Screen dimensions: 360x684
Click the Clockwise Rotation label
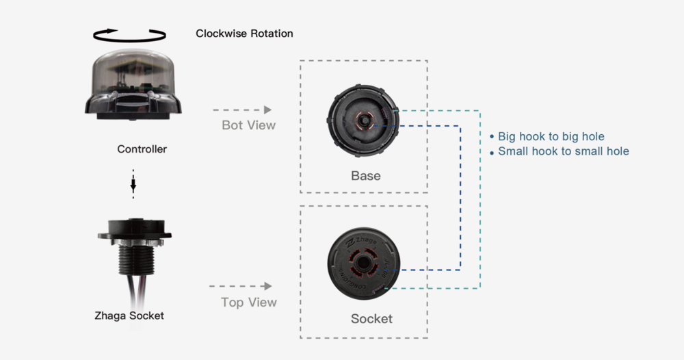point(244,34)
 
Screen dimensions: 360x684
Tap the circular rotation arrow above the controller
point(130,34)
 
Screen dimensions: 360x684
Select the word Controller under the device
point(142,149)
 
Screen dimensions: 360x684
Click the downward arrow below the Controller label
point(133,184)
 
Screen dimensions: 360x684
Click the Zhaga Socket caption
point(129,316)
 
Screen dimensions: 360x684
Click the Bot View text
point(248,125)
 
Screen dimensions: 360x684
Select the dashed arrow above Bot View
point(242,110)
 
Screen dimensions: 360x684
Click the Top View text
point(248,302)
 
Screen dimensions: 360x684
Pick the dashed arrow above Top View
point(241,286)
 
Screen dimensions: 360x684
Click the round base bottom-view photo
point(363,120)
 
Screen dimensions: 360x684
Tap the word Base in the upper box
point(365,176)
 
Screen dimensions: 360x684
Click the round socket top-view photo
point(363,263)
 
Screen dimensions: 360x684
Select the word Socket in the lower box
point(371,319)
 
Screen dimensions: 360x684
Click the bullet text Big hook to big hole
point(551,136)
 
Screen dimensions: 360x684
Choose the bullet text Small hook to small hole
point(563,151)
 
